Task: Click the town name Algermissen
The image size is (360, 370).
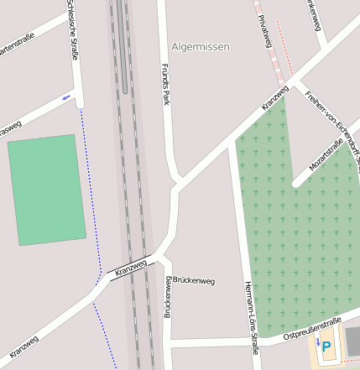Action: [200, 47]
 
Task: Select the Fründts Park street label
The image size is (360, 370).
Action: [165, 85]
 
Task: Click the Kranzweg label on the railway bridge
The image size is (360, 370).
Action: [131, 268]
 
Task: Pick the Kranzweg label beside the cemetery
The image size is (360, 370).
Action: [275, 96]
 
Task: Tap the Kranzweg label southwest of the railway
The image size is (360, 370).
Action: [24, 345]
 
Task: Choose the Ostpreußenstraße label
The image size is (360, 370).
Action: [311, 328]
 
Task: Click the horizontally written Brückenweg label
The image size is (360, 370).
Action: [194, 281]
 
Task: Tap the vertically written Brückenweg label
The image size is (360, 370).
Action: [167, 298]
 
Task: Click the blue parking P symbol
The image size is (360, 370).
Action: [326, 345]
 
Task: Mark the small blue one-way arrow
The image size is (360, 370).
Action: [65, 97]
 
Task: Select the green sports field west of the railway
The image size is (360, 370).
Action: [47, 190]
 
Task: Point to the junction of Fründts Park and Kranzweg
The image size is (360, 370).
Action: [177, 183]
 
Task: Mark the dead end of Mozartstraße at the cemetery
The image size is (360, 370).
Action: [296, 183]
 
